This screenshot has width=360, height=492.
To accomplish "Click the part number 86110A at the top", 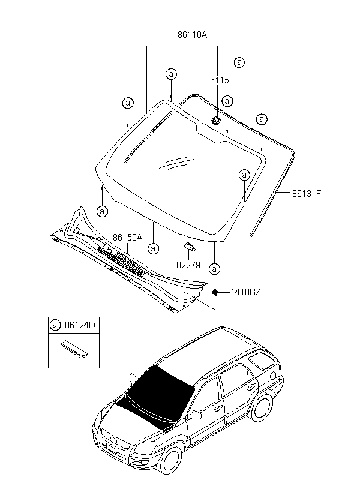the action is pos(193,35).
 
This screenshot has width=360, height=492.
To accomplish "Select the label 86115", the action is pos(217,80).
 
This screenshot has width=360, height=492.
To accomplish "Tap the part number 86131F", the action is pos(307,193).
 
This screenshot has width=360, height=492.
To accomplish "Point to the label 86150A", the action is pos(127,238).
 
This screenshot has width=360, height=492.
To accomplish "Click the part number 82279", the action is pos(188,265).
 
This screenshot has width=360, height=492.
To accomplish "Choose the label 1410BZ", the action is pos(246,292).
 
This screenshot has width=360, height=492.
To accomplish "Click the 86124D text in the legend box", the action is pos(80,325).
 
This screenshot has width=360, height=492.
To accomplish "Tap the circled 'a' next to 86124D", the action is pos(55,325).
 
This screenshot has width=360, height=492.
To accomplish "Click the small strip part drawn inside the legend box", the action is pos(74,349).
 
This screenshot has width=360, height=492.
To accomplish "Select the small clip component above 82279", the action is pos(189,247).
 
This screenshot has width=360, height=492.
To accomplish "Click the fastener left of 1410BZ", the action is pos(215,292).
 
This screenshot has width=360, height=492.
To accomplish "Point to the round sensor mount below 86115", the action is pos(215,120).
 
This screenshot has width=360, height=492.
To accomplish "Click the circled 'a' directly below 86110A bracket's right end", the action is pos(239,62).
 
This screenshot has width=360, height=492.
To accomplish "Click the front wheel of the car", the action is pos(170,460).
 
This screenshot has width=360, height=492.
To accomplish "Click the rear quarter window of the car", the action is pos(260,361).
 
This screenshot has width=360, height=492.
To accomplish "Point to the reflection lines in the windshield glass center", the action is pos(177,163).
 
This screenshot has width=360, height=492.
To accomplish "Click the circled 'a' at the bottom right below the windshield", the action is pos(215,269).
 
